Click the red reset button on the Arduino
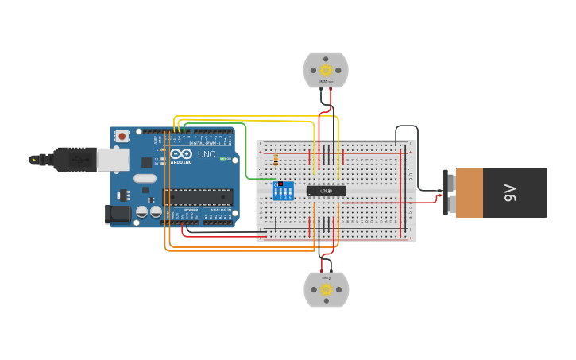[122, 136]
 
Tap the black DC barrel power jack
[117, 213]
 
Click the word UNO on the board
[206, 154]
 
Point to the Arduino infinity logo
[180, 153]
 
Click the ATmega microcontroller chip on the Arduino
[198, 196]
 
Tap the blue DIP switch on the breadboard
[283, 191]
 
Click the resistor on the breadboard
[275, 160]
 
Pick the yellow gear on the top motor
[326, 70]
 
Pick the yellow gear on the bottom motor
[326, 289]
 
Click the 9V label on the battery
[511, 192]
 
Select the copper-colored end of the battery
[470, 192]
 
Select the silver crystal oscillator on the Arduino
[145, 178]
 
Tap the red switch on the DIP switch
[280, 184]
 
